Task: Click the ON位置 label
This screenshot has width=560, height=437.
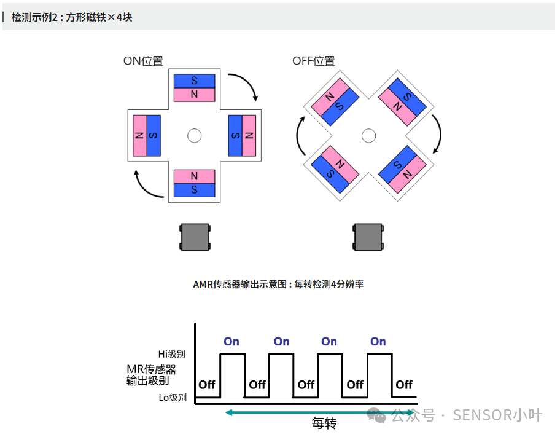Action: click(143, 61)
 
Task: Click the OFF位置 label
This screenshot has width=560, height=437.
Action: click(313, 61)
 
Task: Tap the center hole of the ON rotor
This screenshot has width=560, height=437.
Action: click(195, 135)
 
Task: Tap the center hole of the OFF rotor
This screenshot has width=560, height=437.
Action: click(368, 135)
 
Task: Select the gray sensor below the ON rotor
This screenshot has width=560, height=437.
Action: click(195, 237)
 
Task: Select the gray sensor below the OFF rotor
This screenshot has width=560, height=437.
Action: click(368, 237)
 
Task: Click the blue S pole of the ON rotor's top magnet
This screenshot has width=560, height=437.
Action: click(195, 81)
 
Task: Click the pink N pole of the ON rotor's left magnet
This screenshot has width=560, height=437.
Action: click(140, 135)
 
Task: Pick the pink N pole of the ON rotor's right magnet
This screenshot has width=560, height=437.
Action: click(249, 135)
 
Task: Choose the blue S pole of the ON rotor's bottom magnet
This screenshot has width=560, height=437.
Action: click(195, 190)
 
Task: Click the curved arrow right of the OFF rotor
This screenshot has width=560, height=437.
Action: click(437, 134)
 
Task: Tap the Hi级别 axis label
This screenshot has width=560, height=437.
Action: click(171, 354)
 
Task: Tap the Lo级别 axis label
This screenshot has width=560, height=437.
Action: click(173, 398)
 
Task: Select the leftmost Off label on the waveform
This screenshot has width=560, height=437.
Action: click(207, 385)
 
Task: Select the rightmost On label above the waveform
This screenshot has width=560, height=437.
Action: click(378, 342)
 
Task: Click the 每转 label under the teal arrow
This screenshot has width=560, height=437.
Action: click(324, 423)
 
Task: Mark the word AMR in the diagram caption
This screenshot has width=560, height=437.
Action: click(203, 284)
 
